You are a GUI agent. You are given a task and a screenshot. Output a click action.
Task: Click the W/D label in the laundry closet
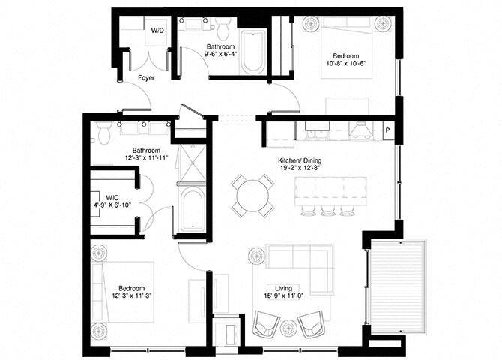coord(158,31)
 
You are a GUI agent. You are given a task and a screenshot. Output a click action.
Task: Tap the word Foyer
coord(146,77)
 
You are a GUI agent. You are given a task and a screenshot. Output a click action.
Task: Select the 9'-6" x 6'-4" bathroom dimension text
coord(221,54)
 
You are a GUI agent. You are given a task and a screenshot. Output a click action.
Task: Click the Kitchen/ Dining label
coord(297,160)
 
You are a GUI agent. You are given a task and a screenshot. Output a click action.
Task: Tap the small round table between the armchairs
coord(288,327)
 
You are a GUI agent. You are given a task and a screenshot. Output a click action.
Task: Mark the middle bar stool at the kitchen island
coord(327,208)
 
